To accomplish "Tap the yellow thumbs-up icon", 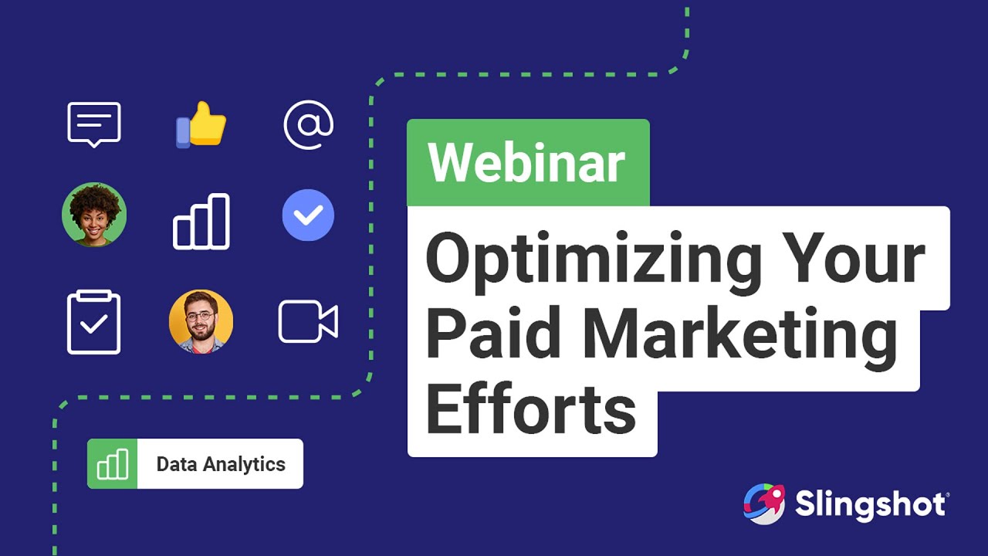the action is coord(201,125).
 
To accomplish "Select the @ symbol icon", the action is coord(308,125).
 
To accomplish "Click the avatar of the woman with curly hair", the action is coord(94,215).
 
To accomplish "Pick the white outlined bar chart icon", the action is coord(201,222).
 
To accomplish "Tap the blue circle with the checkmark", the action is coord(308,215).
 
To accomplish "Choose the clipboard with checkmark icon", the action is coord(94,322).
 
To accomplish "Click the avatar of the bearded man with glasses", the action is coord(201,322).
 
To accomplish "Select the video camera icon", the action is coord(308,322).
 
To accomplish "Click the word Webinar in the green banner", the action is coord(527,162).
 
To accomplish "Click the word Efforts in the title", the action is coord(531,408).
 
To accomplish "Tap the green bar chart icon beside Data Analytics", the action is coord(113,464).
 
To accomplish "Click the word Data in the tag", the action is coord(177,464).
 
